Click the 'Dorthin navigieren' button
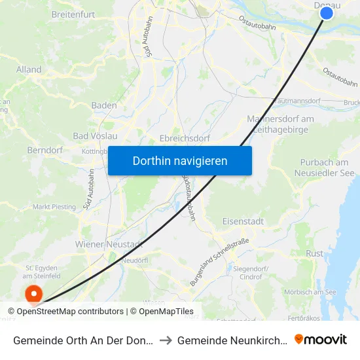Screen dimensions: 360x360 180,160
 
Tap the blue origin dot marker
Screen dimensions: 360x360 327,12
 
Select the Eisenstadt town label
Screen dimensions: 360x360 243,221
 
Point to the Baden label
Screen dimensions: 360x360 104,105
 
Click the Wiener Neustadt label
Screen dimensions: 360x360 109,244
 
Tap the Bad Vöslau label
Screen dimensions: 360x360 95,136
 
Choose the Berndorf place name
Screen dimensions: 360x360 45,150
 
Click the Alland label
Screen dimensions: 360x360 29,69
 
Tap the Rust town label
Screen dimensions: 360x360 314,253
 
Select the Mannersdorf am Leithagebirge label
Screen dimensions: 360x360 280,124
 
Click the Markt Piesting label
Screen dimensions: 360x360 54,207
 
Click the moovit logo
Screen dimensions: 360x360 321,339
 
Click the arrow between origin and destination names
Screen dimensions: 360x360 166,340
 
